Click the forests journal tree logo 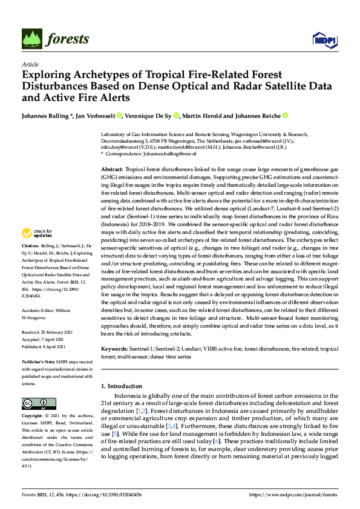point(33,39)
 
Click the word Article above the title point(30,65)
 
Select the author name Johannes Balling point(47,115)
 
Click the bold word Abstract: point(112,170)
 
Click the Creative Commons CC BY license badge point(35,404)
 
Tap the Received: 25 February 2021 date point(47,332)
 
